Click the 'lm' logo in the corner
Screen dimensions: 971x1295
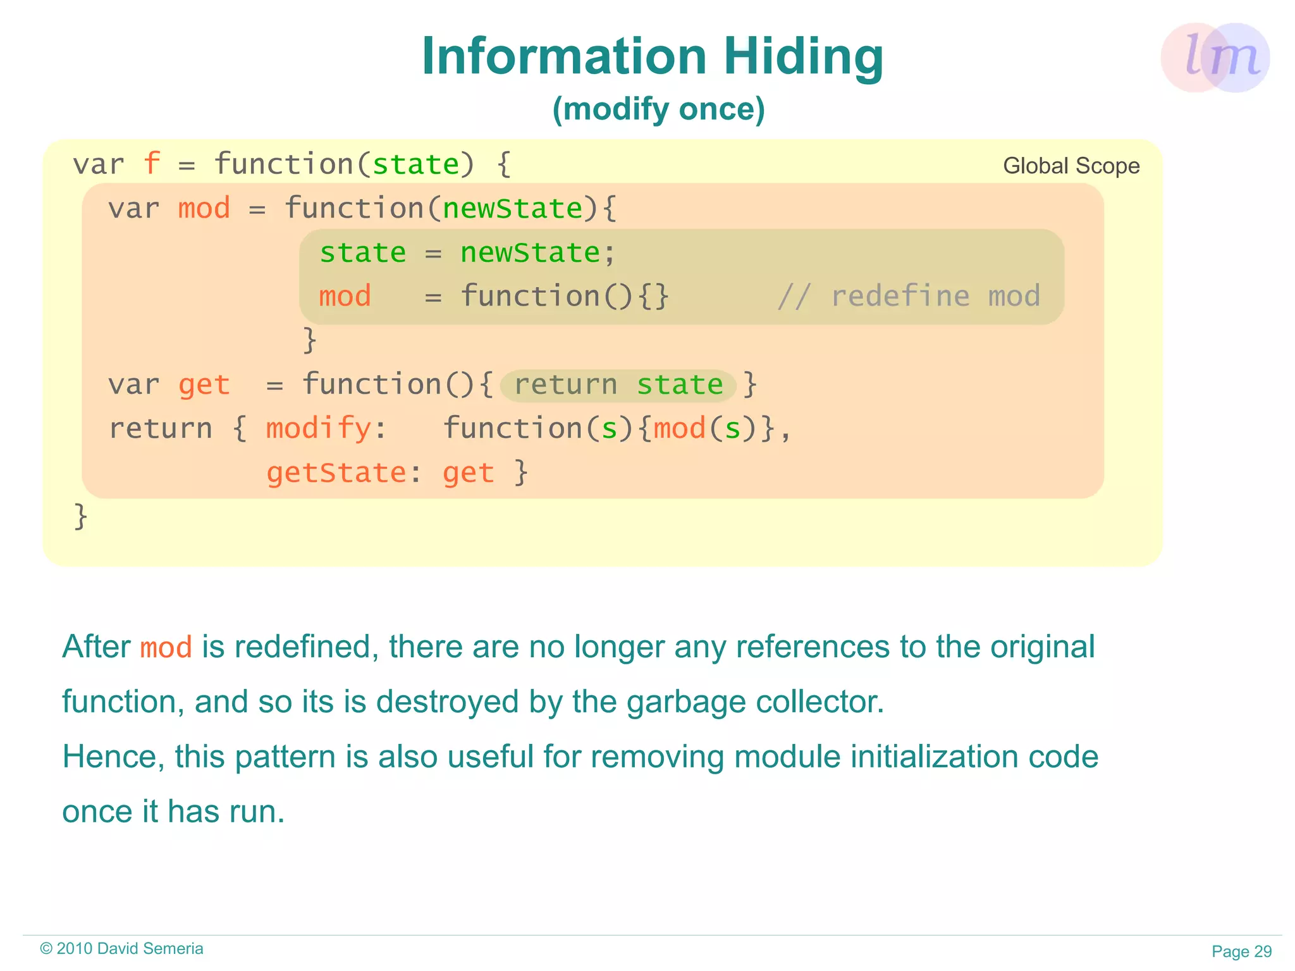pyautogui.click(x=1215, y=58)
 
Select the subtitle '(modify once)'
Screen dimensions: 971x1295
pyautogui.click(x=658, y=109)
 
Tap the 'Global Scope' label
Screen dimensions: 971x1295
pyautogui.click(x=1071, y=166)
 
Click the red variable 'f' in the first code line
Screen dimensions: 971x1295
pyautogui.click(x=152, y=164)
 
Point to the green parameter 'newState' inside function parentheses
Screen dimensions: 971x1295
pyautogui.click(x=512, y=208)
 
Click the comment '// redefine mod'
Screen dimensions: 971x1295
pyautogui.click(x=909, y=296)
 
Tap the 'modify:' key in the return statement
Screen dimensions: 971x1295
pyautogui.click(x=326, y=428)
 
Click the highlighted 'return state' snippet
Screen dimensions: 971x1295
pyautogui.click(x=618, y=385)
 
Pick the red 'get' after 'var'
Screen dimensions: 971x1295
pyautogui.click(x=204, y=385)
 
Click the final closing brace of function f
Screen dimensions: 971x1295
pyautogui.click(x=80, y=516)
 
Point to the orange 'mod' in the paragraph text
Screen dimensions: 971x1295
pyautogui.click(x=166, y=648)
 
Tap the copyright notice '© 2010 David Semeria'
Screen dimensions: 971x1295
pyautogui.click(x=121, y=948)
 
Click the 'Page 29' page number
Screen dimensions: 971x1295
pyautogui.click(x=1241, y=951)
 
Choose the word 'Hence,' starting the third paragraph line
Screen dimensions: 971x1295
pyautogui.click(x=113, y=757)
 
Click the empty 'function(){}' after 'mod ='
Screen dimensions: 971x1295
pyautogui.click(x=564, y=296)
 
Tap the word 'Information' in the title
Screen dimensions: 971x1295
pyautogui.click(x=564, y=57)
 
